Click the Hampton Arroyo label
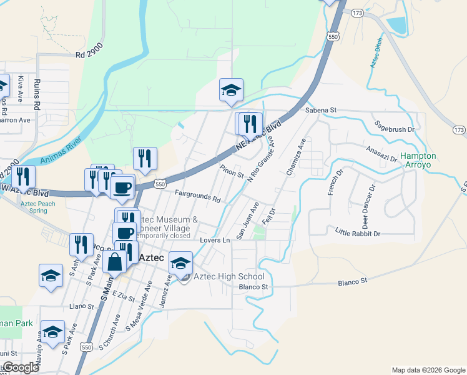pyautogui.click(x=418, y=160)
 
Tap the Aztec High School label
pyautogui.click(x=229, y=276)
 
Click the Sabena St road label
pyautogui.click(x=321, y=110)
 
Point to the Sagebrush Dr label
pyautogui.click(x=395, y=129)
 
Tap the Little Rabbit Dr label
pyautogui.click(x=358, y=233)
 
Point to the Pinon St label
pyautogui.click(x=232, y=171)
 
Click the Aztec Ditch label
pyautogui.click(x=375, y=59)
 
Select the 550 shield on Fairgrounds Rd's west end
pyautogui.click(x=160, y=184)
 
